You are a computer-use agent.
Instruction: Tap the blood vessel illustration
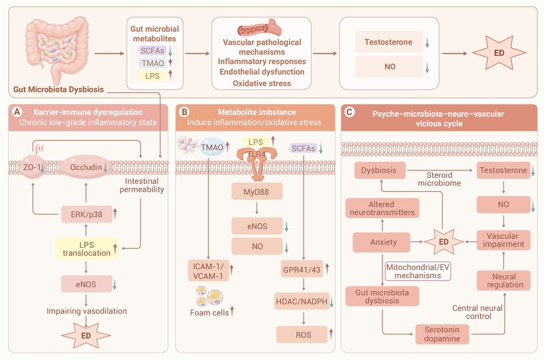click(259, 28)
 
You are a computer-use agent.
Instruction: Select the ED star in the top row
click(499, 53)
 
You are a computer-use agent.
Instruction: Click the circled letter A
click(17, 112)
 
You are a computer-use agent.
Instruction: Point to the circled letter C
click(350, 112)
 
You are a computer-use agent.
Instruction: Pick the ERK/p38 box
click(87, 214)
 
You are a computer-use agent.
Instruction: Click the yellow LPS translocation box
click(87, 248)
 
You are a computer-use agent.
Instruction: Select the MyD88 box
click(257, 192)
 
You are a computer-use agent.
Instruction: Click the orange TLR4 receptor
click(257, 163)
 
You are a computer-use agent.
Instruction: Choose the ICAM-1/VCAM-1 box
click(208, 271)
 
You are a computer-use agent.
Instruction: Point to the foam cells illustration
click(209, 296)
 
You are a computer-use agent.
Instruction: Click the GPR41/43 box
click(302, 269)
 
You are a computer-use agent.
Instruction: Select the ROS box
click(302, 335)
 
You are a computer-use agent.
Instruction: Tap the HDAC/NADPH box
click(302, 301)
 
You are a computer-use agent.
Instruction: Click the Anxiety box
click(381, 242)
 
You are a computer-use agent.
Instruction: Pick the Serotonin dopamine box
click(443, 334)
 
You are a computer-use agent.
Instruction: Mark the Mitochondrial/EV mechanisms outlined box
click(418, 271)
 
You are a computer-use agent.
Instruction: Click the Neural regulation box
click(504, 280)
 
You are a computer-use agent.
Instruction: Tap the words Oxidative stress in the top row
click(262, 83)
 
